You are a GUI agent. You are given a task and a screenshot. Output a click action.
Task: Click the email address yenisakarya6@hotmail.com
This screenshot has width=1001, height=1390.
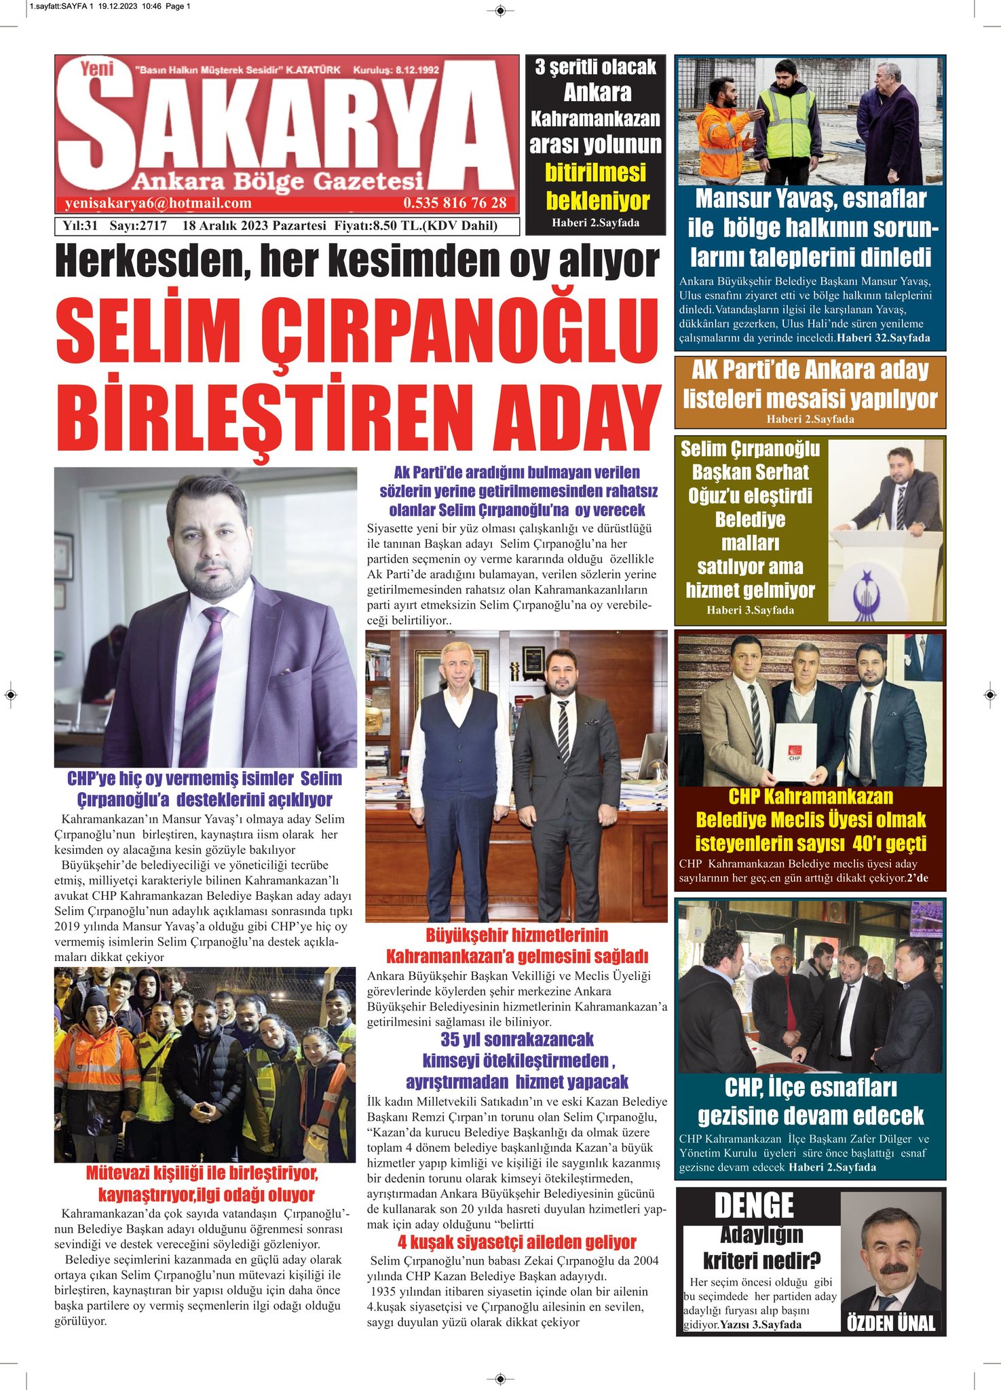(158, 203)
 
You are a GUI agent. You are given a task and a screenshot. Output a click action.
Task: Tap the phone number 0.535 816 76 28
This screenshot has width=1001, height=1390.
(455, 203)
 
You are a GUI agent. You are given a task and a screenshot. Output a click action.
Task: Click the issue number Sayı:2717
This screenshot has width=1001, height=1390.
(138, 226)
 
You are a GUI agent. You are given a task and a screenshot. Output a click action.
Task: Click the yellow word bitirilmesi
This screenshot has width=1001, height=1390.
(595, 173)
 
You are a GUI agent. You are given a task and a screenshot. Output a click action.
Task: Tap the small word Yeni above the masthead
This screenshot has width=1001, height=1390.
(96, 69)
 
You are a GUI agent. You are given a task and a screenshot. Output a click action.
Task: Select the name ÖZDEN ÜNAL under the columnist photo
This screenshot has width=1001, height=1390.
(891, 1323)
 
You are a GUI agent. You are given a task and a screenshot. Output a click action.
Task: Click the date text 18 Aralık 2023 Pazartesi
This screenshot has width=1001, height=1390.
(254, 226)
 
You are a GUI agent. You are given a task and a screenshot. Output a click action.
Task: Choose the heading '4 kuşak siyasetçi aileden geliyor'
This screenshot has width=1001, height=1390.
(516, 1242)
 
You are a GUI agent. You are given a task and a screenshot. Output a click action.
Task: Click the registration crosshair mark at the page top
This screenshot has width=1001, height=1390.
(500, 11)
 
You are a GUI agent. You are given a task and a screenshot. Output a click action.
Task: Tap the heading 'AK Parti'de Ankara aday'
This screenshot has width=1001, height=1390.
(810, 371)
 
